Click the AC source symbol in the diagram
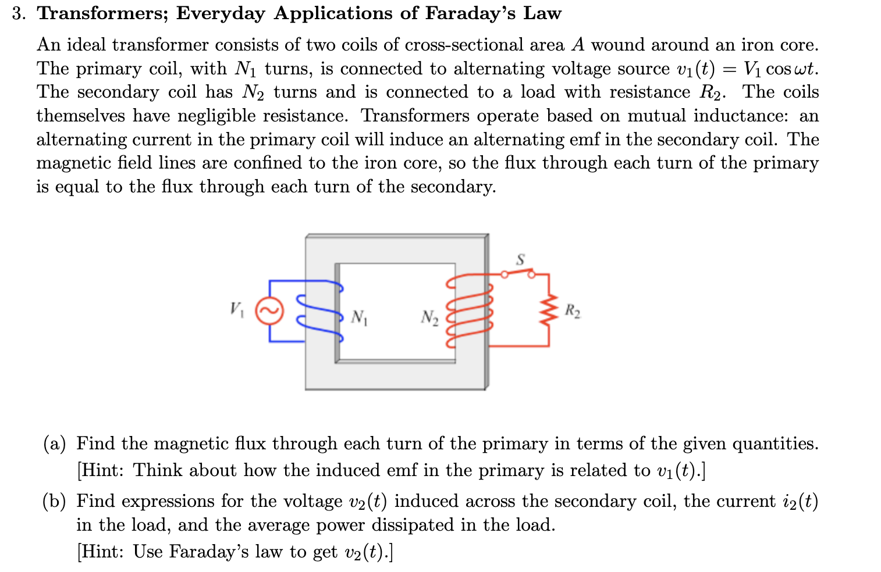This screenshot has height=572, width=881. [269, 312]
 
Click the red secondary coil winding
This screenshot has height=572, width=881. [469, 312]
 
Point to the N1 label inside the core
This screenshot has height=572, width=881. [359, 317]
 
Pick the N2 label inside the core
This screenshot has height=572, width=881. [429, 317]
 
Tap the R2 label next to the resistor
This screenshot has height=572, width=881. [573, 310]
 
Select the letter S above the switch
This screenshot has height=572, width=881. [520, 259]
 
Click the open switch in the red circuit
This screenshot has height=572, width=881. [518, 273]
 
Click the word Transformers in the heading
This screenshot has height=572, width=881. [102, 13]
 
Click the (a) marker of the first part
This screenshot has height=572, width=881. [54, 444]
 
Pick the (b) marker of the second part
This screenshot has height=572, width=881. [54, 501]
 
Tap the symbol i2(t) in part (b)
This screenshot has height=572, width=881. [800, 501]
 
